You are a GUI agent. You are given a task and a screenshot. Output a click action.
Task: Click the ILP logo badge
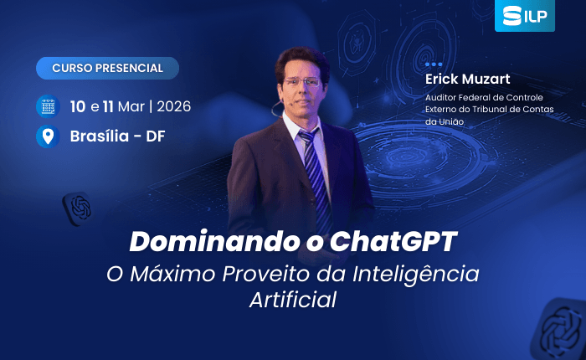[524, 15]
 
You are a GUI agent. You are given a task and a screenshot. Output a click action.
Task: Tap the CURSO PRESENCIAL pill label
[108, 68]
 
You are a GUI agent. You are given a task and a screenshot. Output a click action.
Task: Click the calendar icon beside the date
[48, 106]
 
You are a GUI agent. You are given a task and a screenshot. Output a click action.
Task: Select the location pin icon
[48, 136]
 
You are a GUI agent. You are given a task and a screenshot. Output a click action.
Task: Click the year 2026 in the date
[174, 106]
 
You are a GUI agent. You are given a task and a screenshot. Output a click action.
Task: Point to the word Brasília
[100, 136]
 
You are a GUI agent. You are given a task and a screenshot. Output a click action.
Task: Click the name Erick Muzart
[467, 79]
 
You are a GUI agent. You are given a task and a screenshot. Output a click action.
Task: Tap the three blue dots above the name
[434, 64]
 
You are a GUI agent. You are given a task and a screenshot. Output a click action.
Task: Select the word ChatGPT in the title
[393, 241]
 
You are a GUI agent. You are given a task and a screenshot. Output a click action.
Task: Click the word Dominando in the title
[214, 241]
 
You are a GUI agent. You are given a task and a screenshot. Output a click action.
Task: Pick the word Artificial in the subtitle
[293, 300]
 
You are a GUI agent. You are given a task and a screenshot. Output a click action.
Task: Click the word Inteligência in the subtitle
[416, 273]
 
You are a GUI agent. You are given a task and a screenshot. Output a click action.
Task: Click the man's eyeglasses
[302, 81]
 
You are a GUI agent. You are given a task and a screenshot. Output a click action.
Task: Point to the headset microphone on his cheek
[276, 108]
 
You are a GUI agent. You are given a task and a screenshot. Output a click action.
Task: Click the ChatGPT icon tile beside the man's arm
[78, 208]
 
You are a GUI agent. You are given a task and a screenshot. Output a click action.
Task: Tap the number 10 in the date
[78, 106]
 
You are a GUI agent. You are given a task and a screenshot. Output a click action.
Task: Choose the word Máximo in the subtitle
[172, 273]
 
